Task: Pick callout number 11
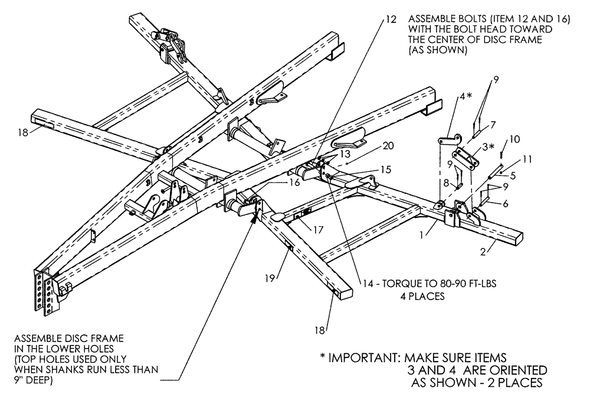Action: tap(527, 159)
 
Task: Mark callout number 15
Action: tap(385, 170)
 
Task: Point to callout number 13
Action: tap(342, 152)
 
